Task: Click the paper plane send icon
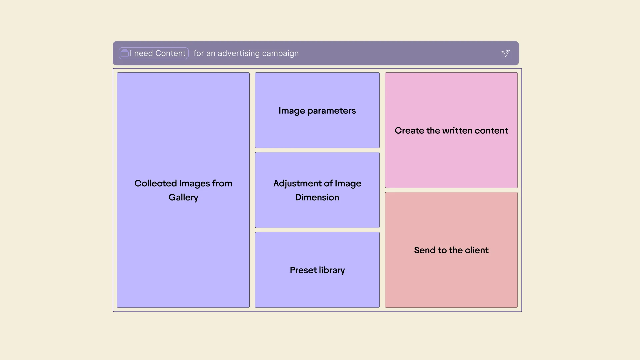[x=506, y=53]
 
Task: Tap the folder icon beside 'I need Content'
[x=125, y=53]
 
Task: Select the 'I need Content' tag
[x=154, y=53]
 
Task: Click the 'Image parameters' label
[x=317, y=111]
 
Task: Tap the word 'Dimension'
[x=317, y=197]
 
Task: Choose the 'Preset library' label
[x=317, y=270]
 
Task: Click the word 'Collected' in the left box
[x=155, y=183]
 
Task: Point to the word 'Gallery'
[x=183, y=197]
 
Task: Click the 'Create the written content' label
[x=451, y=130]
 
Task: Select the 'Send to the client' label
[x=451, y=250]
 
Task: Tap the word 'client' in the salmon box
[x=477, y=250]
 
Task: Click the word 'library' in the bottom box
[x=332, y=270]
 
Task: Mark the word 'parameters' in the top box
[x=332, y=111]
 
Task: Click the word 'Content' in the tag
[x=170, y=53]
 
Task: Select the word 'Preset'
[x=303, y=270]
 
